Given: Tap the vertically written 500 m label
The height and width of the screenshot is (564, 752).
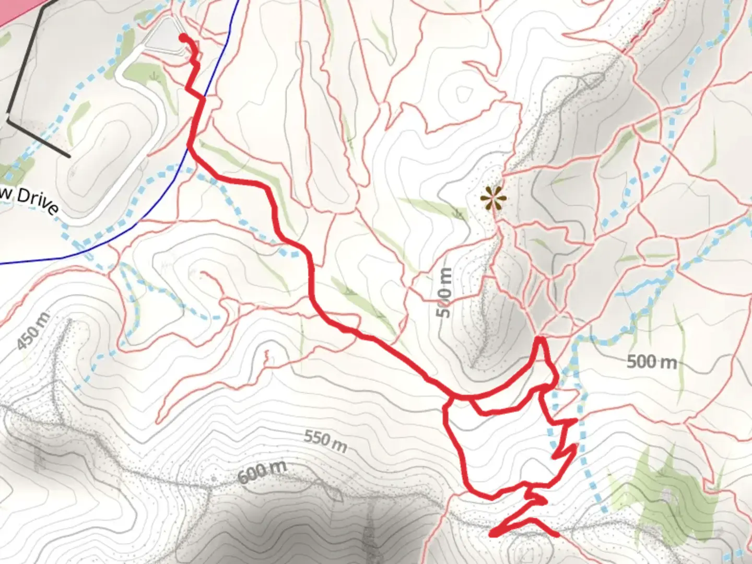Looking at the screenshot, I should click(x=443, y=292).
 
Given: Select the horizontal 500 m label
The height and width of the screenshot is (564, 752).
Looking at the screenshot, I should click(x=651, y=361).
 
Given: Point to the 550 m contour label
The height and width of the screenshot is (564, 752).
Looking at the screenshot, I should click(x=325, y=441).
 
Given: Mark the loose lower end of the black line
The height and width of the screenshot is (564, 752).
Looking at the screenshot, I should click(x=69, y=156).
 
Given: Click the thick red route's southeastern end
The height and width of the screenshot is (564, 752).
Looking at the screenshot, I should click(x=557, y=534).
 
